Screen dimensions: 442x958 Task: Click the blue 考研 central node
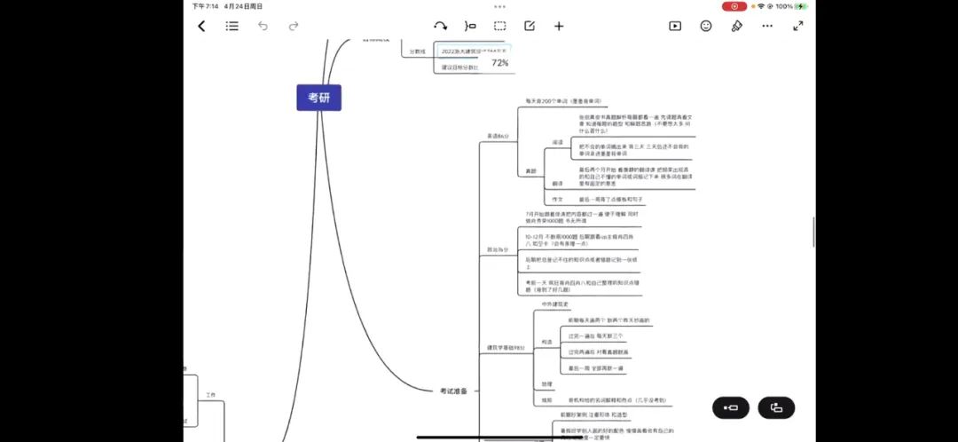pyautogui.click(x=318, y=98)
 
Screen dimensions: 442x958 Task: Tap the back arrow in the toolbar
pyautogui.click(x=201, y=27)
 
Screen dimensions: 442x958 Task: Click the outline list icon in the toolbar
pyautogui.click(x=232, y=27)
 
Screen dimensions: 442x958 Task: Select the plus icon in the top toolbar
pyautogui.click(x=559, y=26)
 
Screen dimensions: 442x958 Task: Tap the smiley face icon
pyautogui.click(x=706, y=26)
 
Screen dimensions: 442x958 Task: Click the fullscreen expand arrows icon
pyautogui.click(x=797, y=26)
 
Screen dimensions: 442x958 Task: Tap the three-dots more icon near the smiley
pyautogui.click(x=767, y=26)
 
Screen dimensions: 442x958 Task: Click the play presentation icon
pyautogui.click(x=675, y=26)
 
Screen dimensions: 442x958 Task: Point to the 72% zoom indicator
pyautogui.click(x=500, y=63)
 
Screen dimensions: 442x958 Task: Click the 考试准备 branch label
pyautogui.click(x=453, y=391)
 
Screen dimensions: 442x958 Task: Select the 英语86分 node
pyautogui.click(x=498, y=136)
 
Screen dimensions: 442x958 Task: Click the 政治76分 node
pyautogui.click(x=498, y=249)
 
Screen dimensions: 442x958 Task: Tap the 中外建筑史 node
pyautogui.click(x=556, y=304)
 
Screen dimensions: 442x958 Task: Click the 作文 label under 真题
pyautogui.click(x=557, y=200)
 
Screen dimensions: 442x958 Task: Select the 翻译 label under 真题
pyautogui.click(x=557, y=183)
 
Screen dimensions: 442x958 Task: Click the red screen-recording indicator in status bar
pyautogui.click(x=734, y=6)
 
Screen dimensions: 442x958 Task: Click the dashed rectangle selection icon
pyautogui.click(x=500, y=26)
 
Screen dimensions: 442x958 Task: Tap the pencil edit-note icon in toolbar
pyautogui.click(x=530, y=26)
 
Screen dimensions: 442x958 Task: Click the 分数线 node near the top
pyautogui.click(x=417, y=51)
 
